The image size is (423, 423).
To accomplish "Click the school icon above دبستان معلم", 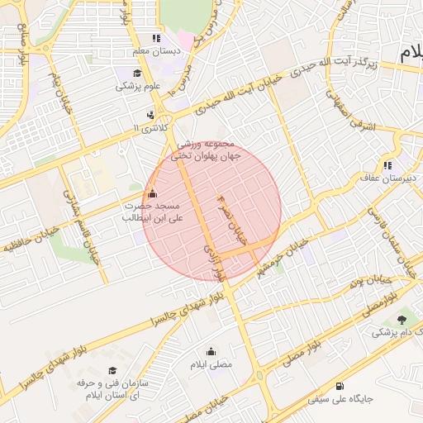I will tap(155, 39).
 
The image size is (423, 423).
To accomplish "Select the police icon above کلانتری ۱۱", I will tap(150, 116).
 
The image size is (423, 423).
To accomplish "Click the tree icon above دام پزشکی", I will tap(402, 319).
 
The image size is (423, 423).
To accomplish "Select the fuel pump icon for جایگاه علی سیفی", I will tap(340, 386).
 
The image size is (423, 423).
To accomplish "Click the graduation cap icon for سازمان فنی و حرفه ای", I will tap(112, 370).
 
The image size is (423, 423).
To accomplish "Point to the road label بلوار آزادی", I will tap(214, 260).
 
